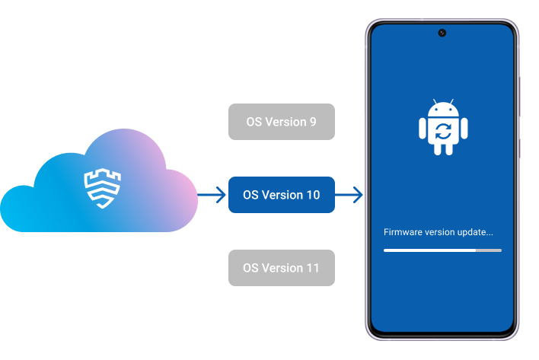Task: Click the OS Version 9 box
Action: (281, 122)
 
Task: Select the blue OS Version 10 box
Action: (281, 195)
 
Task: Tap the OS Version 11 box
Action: (281, 268)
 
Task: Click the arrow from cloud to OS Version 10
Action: (212, 196)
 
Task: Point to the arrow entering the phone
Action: (349, 196)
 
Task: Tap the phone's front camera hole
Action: (442, 33)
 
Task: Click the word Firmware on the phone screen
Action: (401, 231)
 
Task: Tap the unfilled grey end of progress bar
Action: (489, 250)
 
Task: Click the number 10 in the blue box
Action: (312, 195)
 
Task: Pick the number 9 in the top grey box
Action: (312, 122)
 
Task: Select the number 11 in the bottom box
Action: (312, 268)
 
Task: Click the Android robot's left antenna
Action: (433, 102)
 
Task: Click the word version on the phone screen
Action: (439, 231)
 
